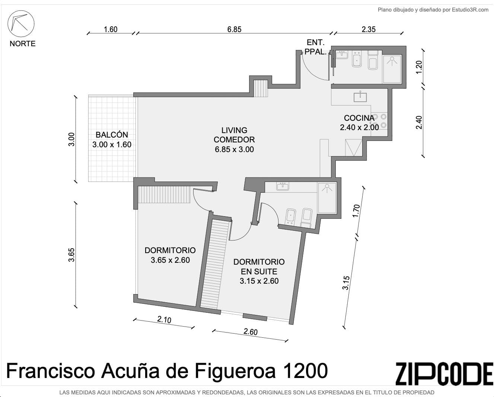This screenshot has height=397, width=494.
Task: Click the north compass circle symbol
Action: [x=21, y=23]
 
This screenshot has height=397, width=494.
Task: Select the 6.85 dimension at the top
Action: [x=234, y=29]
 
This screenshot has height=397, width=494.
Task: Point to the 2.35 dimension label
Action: [x=369, y=29]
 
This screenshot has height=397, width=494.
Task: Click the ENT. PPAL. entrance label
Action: [x=316, y=47]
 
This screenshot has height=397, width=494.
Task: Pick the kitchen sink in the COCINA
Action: [x=360, y=97]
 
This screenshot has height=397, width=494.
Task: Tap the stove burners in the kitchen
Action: [x=379, y=121]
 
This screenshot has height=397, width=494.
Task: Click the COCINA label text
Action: [x=359, y=118]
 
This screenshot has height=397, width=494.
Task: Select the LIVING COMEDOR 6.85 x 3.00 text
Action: [x=234, y=140]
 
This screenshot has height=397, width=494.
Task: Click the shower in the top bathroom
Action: [x=392, y=69]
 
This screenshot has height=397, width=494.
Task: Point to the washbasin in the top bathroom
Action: [x=342, y=55]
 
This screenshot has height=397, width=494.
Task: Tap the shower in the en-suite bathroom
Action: [x=327, y=198]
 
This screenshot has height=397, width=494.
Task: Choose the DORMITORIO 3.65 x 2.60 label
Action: [x=170, y=255]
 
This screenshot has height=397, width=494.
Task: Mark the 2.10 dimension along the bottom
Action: [x=164, y=320]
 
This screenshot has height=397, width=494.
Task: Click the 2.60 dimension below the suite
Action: [x=251, y=332]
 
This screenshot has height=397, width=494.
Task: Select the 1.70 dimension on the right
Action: [x=356, y=211]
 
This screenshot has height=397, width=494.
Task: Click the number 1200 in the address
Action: [x=305, y=371]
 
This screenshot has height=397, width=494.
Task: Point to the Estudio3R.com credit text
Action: [x=470, y=10]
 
